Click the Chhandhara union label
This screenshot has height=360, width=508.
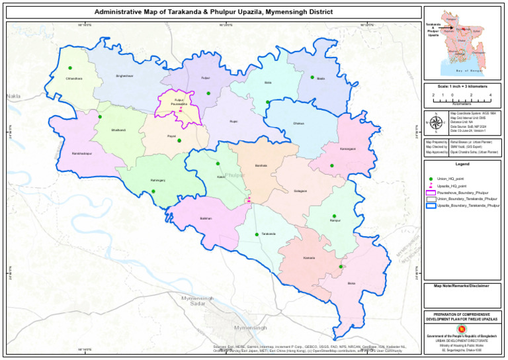click(74, 79)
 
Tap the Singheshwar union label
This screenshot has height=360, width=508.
click(124, 76)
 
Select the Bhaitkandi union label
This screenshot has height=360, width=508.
click(118, 130)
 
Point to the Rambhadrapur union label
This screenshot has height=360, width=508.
click(83, 154)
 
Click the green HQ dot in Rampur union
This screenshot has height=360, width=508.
click(334, 216)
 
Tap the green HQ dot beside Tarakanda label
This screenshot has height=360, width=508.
click(257, 234)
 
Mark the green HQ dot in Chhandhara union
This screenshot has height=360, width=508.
click(69, 67)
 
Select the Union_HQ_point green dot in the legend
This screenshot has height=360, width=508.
click(431, 179)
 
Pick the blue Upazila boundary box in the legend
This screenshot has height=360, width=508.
click(431, 206)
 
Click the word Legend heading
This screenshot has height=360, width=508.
click(462, 163)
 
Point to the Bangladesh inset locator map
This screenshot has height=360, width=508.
click(462, 44)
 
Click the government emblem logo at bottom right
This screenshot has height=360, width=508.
click(462, 328)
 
